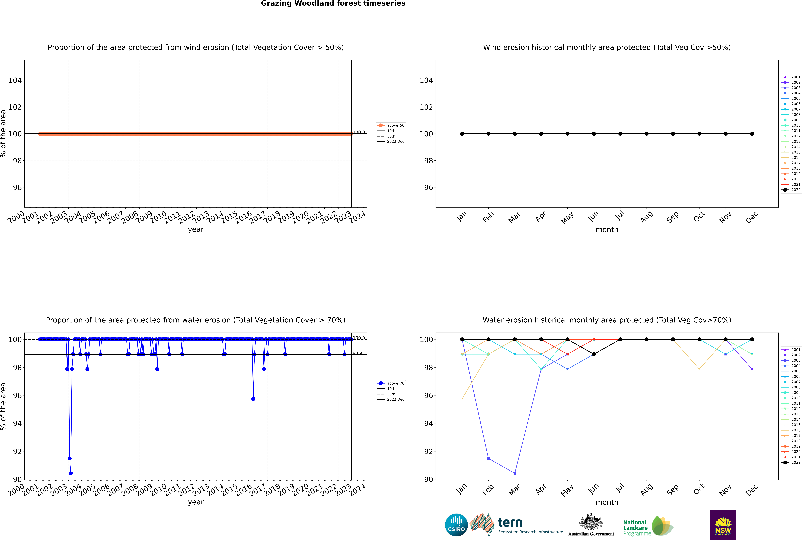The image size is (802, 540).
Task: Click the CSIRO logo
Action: click(456, 525)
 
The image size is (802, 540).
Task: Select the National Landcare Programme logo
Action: click(648, 526)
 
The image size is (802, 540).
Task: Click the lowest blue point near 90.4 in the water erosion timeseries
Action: click(71, 473)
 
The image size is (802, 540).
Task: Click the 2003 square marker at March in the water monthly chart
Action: click(515, 473)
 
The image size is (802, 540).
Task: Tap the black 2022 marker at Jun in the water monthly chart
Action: click(594, 354)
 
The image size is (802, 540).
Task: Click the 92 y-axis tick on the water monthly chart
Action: click(428, 451)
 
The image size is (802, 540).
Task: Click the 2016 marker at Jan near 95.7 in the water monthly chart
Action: click(462, 399)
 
